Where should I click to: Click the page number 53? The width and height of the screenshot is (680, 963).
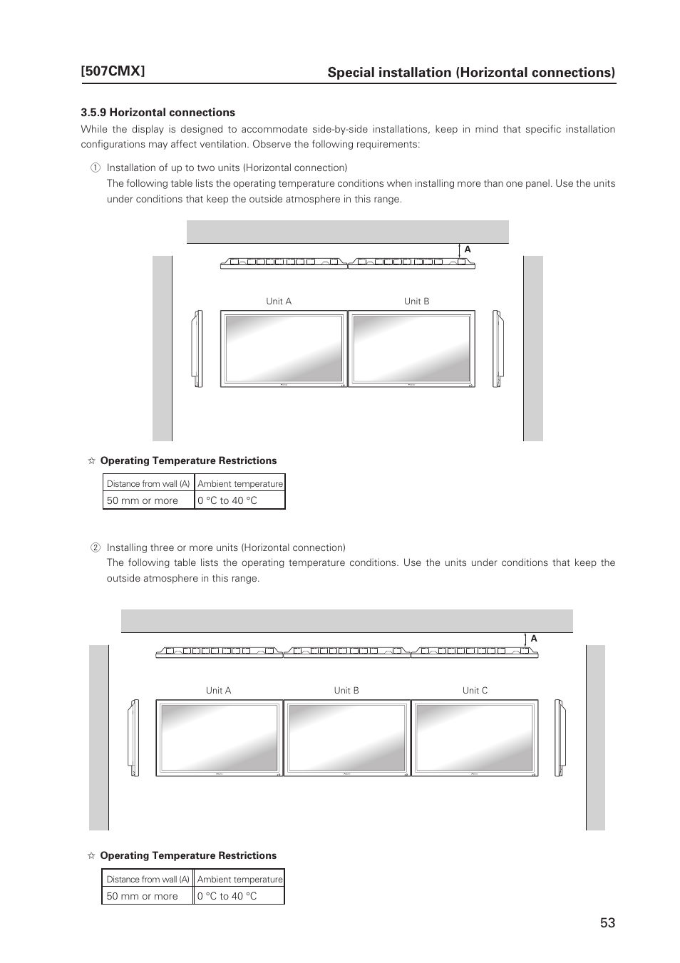pos(607,922)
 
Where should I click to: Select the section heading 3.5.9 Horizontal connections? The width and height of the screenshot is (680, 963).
pos(158,113)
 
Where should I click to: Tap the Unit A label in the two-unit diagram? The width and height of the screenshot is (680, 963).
pos(279,302)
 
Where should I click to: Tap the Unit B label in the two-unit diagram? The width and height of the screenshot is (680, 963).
pos(417,302)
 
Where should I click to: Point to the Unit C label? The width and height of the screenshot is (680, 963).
pos(475,691)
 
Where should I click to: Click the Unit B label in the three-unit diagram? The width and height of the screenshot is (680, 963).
pos(346,691)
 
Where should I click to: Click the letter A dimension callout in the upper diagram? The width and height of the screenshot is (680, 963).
pos(468,249)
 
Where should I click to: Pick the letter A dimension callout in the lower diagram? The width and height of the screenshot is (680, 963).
pos(533,639)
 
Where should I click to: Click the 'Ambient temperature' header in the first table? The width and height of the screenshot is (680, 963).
pos(240,483)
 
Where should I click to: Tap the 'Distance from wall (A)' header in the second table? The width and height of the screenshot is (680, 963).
pos(148,879)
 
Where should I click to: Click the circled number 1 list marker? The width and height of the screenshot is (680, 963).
pos(94,168)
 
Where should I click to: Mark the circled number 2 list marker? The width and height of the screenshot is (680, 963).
pos(94,548)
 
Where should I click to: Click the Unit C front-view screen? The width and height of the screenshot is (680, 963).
pos(475,738)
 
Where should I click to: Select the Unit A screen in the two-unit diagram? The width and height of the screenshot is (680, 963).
pos(284,349)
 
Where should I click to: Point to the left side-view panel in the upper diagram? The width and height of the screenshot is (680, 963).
pos(197,349)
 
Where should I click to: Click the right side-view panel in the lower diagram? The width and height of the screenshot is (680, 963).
pos(560,738)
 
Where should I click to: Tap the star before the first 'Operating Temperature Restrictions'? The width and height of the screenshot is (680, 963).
pos(91,461)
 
